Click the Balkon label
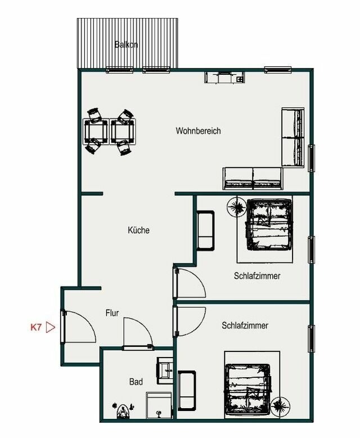pyautogui.click(x=126, y=44)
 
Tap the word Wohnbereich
pyautogui.click(x=198, y=131)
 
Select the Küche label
pyautogui.click(x=138, y=230)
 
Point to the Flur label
pyautogui.click(x=112, y=313)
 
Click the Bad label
pyautogui.click(x=136, y=382)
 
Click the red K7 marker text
pyautogui.click(x=36, y=326)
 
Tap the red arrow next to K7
pyautogui.click(x=51, y=327)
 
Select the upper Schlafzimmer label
pyautogui.click(x=257, y=276)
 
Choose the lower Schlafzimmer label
pyautogui.click(x=245, y=325)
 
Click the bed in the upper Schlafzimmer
pyautogui.click(x=269, y=224)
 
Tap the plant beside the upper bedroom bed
pyautogui.click(x=235, y=207)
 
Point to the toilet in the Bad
pyautogui.click(x=122, y=412)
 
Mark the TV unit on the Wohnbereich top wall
pyautogui.click(x=224, y=78)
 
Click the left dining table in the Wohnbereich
pyautogui.click(x=96, y=132)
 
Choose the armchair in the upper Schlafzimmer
pyautogui.click(x=205, y=230)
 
